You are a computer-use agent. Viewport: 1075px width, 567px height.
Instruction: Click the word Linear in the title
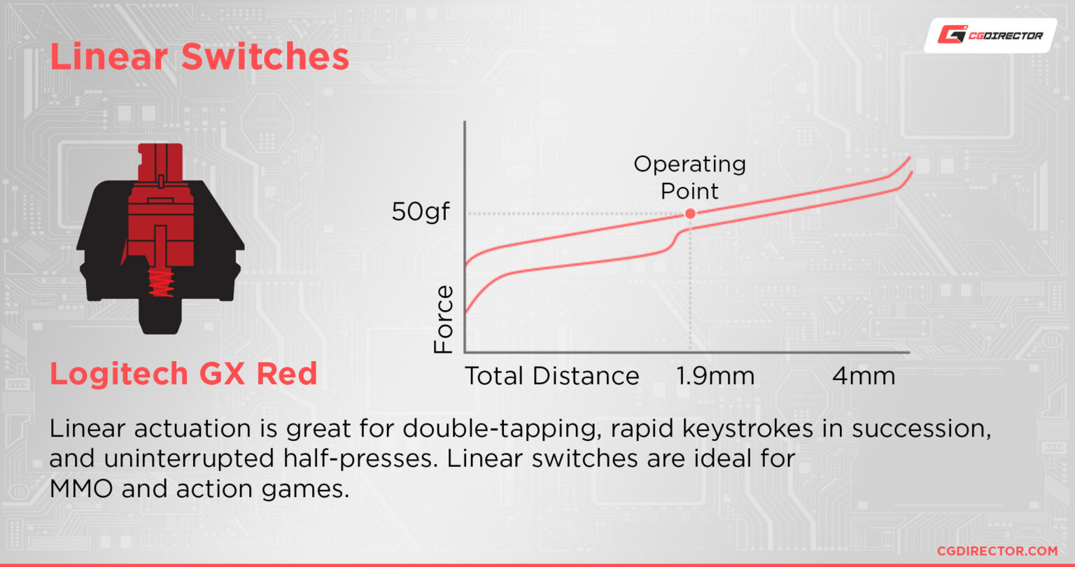pos(109,57)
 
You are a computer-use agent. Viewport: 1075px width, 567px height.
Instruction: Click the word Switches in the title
pos(265,57)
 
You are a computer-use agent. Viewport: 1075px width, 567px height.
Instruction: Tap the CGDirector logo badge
pos(990,36)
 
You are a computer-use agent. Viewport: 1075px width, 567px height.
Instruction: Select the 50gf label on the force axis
pos(421,211)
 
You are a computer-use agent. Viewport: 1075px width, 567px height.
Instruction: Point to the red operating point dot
pos(690,213)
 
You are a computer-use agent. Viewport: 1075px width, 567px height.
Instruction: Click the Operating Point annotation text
pos(689,178)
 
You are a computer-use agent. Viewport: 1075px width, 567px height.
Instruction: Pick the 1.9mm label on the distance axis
pos(715,376)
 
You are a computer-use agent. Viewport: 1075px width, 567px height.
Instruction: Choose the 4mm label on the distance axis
pos(864,376)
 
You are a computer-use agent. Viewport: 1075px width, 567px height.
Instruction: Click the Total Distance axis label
pos(552,376)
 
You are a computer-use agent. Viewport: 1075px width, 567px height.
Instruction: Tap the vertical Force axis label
pos(444,319)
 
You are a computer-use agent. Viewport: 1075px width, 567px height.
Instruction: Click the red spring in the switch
pos(161,282)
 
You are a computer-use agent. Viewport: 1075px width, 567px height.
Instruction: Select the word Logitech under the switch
pos(118,374)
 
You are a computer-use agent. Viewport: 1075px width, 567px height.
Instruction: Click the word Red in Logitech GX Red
pos(286,373)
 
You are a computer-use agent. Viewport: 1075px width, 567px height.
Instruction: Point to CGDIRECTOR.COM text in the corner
pos(997,551)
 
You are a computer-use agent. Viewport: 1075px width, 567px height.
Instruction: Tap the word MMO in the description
pos(81,489)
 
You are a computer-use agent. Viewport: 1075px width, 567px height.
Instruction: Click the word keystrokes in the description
pos(747,429)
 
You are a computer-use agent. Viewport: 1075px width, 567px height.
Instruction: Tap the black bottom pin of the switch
pos(160,317)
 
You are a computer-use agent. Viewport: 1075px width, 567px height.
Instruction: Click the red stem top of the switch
pos(160,162)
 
